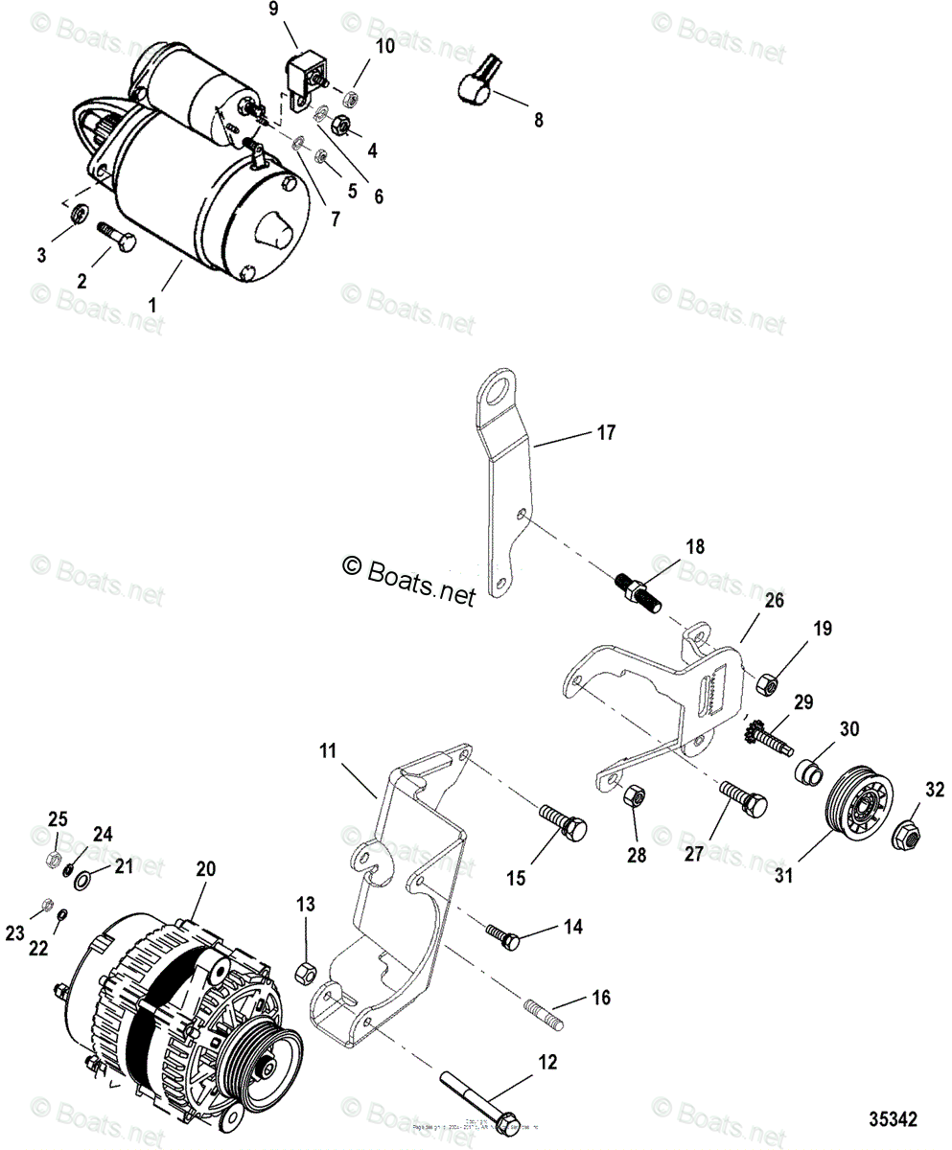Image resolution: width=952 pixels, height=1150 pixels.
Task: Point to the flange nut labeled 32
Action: point(905,835)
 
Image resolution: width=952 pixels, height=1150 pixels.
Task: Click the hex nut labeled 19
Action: point(767,686)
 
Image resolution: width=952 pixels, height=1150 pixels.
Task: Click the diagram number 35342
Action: point(893,1119)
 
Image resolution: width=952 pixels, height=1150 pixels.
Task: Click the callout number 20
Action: point(205,869)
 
